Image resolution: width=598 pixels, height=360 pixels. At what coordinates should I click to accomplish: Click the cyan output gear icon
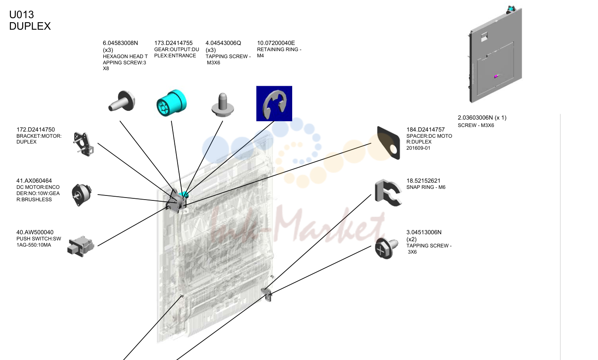tap(171, 103)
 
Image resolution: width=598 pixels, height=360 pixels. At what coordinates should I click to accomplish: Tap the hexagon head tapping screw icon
tap(122, 101)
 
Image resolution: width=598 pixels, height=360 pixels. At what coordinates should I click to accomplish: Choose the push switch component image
tap(80, 246)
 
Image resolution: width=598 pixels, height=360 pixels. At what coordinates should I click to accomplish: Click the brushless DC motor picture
tap(81, 195)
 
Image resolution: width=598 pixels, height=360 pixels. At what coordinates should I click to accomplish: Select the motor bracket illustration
tap(84, 144)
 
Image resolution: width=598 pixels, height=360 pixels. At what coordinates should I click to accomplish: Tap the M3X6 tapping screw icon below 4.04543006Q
tap(223, 105)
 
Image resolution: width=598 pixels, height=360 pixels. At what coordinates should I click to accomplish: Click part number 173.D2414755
tap(173, 43)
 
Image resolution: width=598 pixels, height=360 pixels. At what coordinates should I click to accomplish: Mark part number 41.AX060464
tap(34, 181)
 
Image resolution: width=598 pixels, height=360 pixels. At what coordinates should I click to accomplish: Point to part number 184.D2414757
tap(426, 129)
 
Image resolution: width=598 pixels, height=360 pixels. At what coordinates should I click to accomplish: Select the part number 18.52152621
tap(423, 181)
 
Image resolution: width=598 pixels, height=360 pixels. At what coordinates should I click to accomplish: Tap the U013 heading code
tap(21, 14)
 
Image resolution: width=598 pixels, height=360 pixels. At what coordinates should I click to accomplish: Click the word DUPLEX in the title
tap(30, 26)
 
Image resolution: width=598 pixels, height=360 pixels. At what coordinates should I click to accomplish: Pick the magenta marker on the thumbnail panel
tap(496, 77)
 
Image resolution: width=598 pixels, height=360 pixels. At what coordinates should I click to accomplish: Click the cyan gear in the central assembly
tap(184, 194)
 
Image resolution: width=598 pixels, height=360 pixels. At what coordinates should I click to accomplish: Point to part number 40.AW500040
tap(35, 232)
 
